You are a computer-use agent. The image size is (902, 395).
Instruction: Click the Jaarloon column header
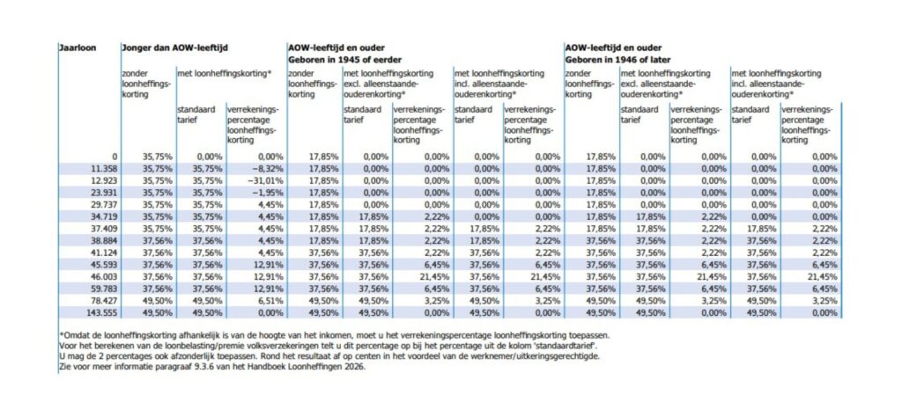click(x=77, y=47)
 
